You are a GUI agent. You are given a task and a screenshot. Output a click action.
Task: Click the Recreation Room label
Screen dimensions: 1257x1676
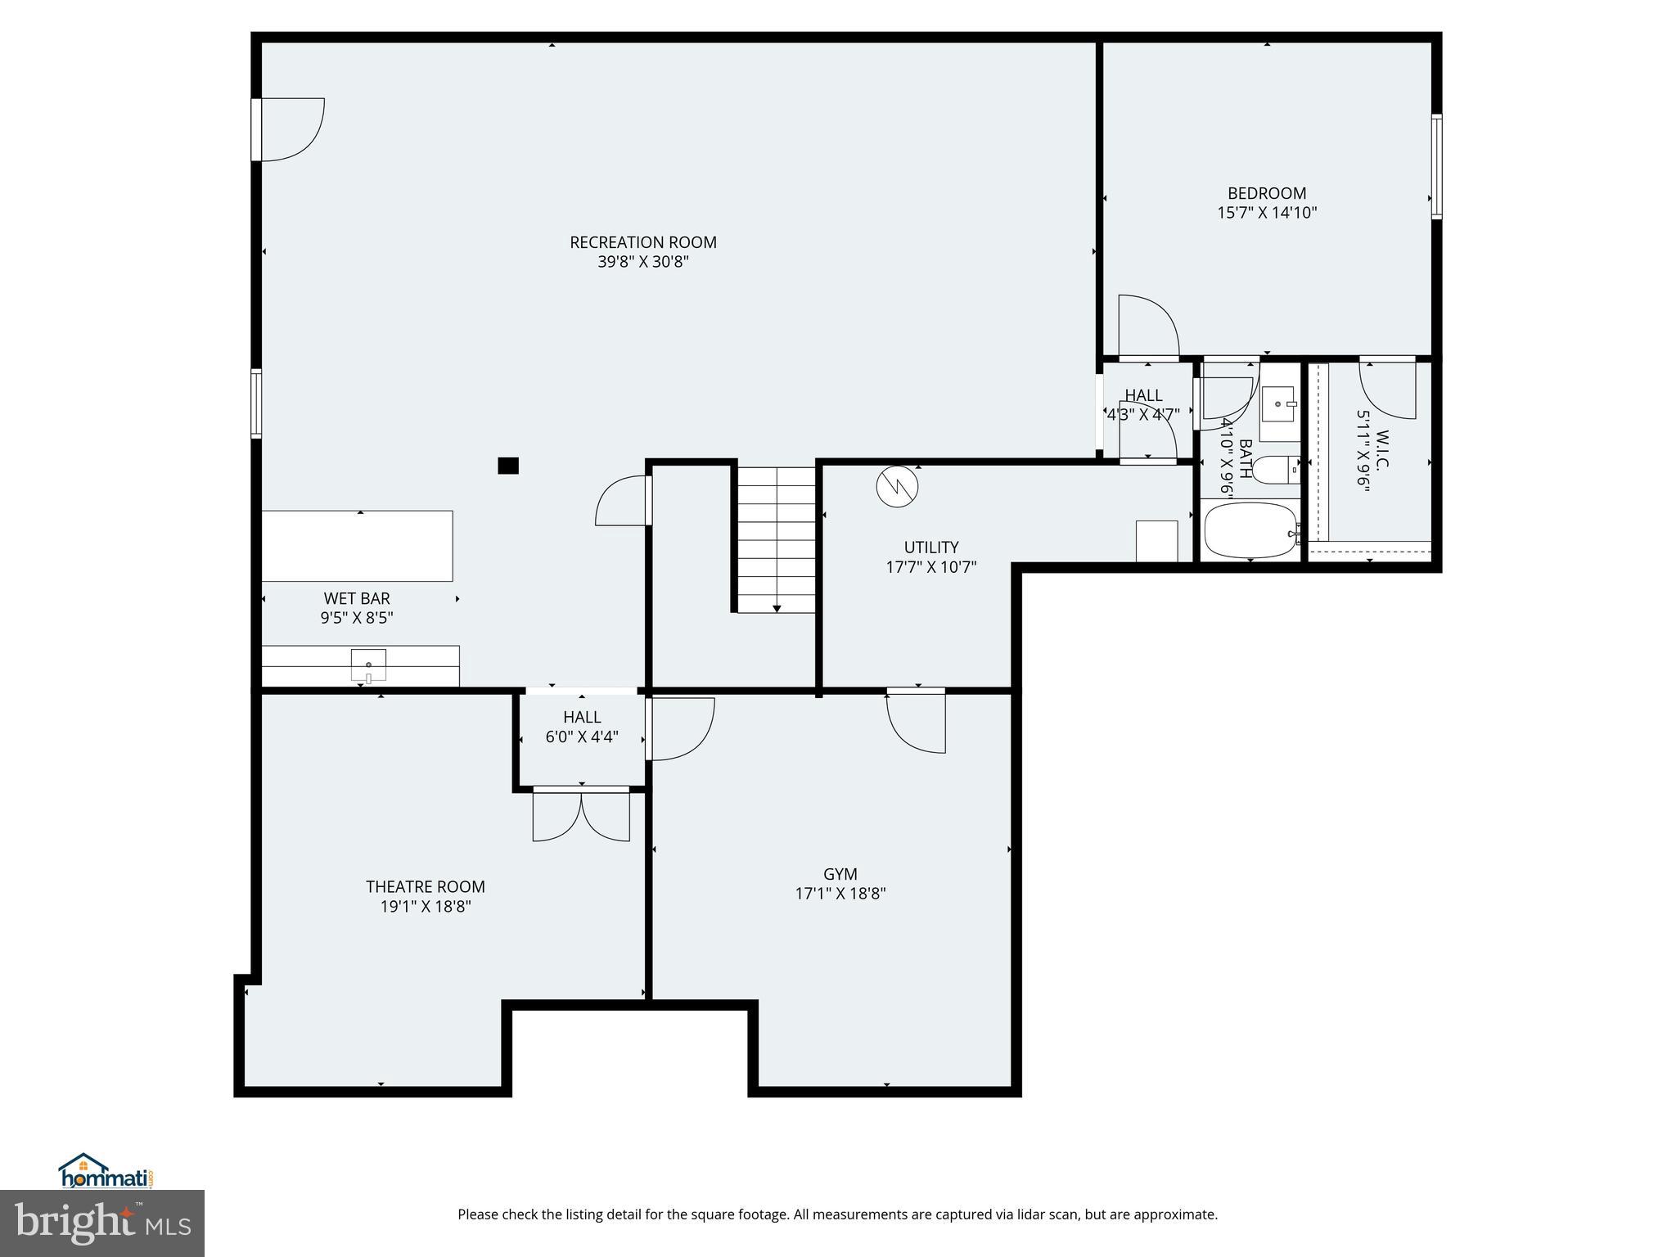[x=642, y=242]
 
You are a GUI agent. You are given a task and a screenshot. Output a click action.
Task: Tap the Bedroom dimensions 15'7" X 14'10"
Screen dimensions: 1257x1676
[x=1267, y=213]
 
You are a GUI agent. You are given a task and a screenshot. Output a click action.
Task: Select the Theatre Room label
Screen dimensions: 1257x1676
[x=425, y=886]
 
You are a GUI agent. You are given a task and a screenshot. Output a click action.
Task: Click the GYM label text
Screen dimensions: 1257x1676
[x=840, y=874]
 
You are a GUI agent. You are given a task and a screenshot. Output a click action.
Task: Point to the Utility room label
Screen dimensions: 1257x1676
[x=930, y=547]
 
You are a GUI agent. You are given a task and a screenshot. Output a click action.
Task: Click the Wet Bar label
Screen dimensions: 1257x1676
[x=357, y=598]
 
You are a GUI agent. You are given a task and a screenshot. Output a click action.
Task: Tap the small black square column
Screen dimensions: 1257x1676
[x=508, y=466]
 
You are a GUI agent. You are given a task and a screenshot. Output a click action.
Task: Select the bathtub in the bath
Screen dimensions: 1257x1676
[x=1250, y=530]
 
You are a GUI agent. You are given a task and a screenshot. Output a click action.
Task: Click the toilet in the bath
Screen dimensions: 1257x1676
[x=1277, y=470]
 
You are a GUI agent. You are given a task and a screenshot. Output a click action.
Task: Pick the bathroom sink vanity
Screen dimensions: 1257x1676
[x=1278, y=403]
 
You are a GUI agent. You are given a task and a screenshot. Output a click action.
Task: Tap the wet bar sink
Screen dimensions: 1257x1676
[x=368, y=665]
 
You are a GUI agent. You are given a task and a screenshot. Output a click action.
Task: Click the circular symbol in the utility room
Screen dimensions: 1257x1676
[x=897, y=487]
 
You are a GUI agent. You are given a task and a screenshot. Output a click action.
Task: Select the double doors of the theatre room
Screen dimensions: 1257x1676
[x=581, y=814]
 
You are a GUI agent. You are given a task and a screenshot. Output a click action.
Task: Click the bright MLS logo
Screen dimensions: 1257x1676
[x=102, y=1223]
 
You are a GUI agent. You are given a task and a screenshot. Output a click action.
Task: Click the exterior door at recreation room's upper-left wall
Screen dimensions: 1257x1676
[x=286, y=129]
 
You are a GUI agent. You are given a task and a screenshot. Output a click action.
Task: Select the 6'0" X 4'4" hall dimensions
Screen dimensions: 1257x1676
[x=581, y=737]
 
